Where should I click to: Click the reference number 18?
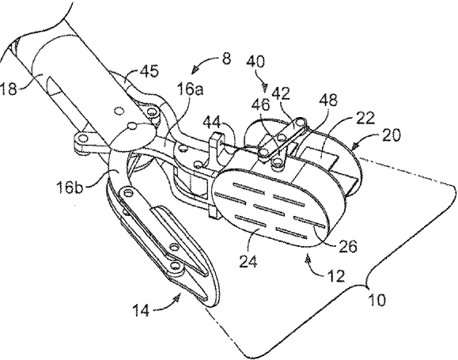pos(9,89)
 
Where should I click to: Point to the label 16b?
pos(70,187)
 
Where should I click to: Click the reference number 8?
pos(226,59)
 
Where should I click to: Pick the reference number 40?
pos(255,62)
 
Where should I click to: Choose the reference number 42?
pos(281,93)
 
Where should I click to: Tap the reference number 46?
pos(261,104)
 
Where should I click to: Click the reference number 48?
pos(328,100)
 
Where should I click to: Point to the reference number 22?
pos(365,119)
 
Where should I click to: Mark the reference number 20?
pos(391,135)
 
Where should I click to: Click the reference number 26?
pos(347,246)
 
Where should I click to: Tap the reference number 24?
pos(248,261)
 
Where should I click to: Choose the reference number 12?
pos(336,275)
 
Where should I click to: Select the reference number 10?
pos(377,300)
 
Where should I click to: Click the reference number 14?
pos(141,310)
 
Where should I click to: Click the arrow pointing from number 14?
pos(166,304)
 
